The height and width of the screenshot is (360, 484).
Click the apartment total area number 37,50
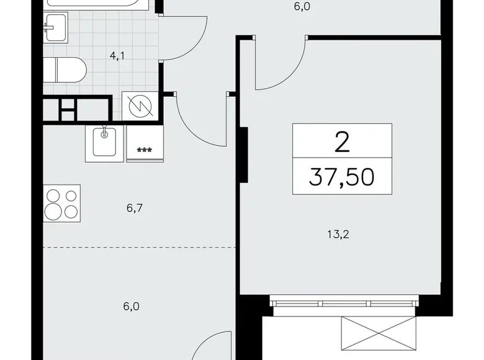point(343,178)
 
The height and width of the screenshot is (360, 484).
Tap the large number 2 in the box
point(342,143)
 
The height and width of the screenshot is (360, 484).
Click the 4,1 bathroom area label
point(117,56)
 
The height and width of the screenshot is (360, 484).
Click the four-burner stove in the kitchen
point(63,204)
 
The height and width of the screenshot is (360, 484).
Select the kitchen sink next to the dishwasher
point(104,142)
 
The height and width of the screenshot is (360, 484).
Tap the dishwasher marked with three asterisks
point(145,143)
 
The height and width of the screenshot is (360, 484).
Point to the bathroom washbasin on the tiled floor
point(55,29)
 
